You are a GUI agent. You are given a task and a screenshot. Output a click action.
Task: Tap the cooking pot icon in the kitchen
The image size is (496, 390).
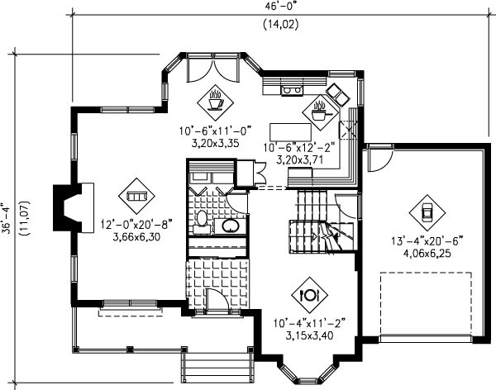pos(318,111)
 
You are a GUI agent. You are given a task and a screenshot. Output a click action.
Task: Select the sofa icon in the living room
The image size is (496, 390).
pos(136,196)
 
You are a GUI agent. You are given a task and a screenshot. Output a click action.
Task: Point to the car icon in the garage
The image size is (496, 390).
pos(427,212)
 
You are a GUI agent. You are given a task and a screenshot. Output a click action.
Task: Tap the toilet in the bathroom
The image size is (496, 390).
pos(201,219)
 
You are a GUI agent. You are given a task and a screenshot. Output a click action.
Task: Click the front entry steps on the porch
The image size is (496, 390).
pos(216,363)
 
